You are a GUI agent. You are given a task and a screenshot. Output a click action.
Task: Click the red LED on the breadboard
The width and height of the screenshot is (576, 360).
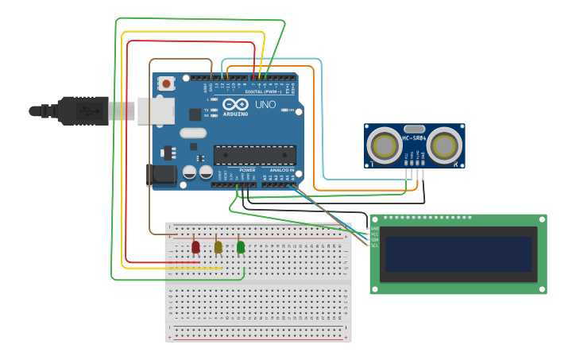click(x=195, y=247)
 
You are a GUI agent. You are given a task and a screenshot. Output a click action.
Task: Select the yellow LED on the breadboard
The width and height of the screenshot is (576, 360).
click(x=218, y=247)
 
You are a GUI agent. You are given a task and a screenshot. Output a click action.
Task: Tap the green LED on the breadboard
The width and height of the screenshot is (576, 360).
click(x=241, y=247)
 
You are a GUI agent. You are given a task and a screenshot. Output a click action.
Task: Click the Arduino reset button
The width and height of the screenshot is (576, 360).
click(x=166, y=83)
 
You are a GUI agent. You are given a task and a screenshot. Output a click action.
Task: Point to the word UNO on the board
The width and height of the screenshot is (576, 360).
click(x=265, y=105)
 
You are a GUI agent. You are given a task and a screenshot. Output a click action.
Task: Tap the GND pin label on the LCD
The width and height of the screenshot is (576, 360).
click(x=374, y=229)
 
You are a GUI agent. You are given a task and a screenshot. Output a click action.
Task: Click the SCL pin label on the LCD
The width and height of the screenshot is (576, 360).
click(x=374, y=245)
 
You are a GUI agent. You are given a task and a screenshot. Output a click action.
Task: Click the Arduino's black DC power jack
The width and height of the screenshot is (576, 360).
click(x=162, y=175)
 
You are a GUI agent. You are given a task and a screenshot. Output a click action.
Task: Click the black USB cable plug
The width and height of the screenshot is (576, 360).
click(x=83, y=110)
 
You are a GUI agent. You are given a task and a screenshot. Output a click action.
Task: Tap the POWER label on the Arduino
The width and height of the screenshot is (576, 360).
click(x=247, y=170)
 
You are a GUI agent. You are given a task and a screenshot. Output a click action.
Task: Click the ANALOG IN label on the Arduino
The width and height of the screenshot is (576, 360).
click(x=280, y=170)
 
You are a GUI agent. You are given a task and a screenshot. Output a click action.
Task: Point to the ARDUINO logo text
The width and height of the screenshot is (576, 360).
click(x=235, y=114)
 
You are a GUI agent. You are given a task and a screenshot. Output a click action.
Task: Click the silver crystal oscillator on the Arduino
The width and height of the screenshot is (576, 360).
click(x=192, y=134)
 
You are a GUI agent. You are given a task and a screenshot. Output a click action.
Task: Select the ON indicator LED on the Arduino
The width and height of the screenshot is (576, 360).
click(x=290, y=110)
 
